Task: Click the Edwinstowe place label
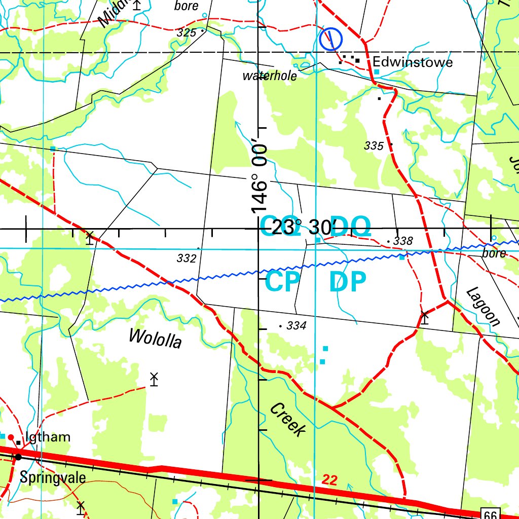(413, 62)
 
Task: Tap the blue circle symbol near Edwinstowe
(330, 39)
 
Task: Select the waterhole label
(270, 76)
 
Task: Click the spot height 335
(374, 146)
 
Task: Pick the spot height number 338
(403, 241)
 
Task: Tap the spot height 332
(186, 258)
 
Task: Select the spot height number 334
(296, 326)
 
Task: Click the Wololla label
(155, 338)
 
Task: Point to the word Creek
(287, 420)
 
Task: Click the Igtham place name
(48, 437)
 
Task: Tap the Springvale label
(53, 477)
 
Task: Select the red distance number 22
(329, 480)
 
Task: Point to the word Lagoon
(483, 307)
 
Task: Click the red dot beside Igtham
(11, 437)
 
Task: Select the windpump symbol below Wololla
(154, 379)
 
